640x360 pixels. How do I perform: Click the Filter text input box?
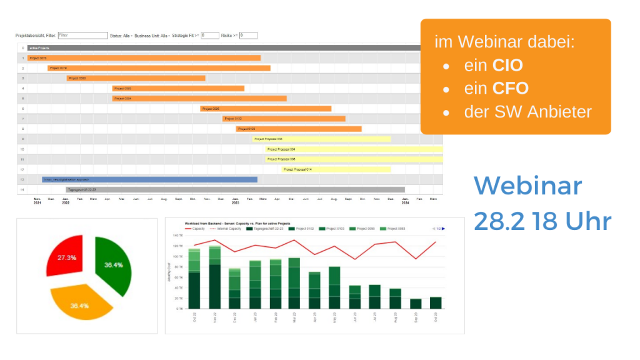pos(82,36)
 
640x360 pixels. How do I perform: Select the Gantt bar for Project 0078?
pos(159,68)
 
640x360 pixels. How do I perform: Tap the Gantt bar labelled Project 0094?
pos(199,98)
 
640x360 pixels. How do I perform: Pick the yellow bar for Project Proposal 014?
pos(336,169)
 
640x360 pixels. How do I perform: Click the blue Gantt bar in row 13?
pos(149,179)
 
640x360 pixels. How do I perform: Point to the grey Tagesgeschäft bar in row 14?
pos(235,189)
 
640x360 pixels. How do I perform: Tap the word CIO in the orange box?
pos(507,65)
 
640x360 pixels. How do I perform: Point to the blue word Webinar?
pos(527,186)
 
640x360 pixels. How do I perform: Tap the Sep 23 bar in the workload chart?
pos(416,304)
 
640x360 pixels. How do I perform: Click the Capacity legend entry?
pos(196,229)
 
